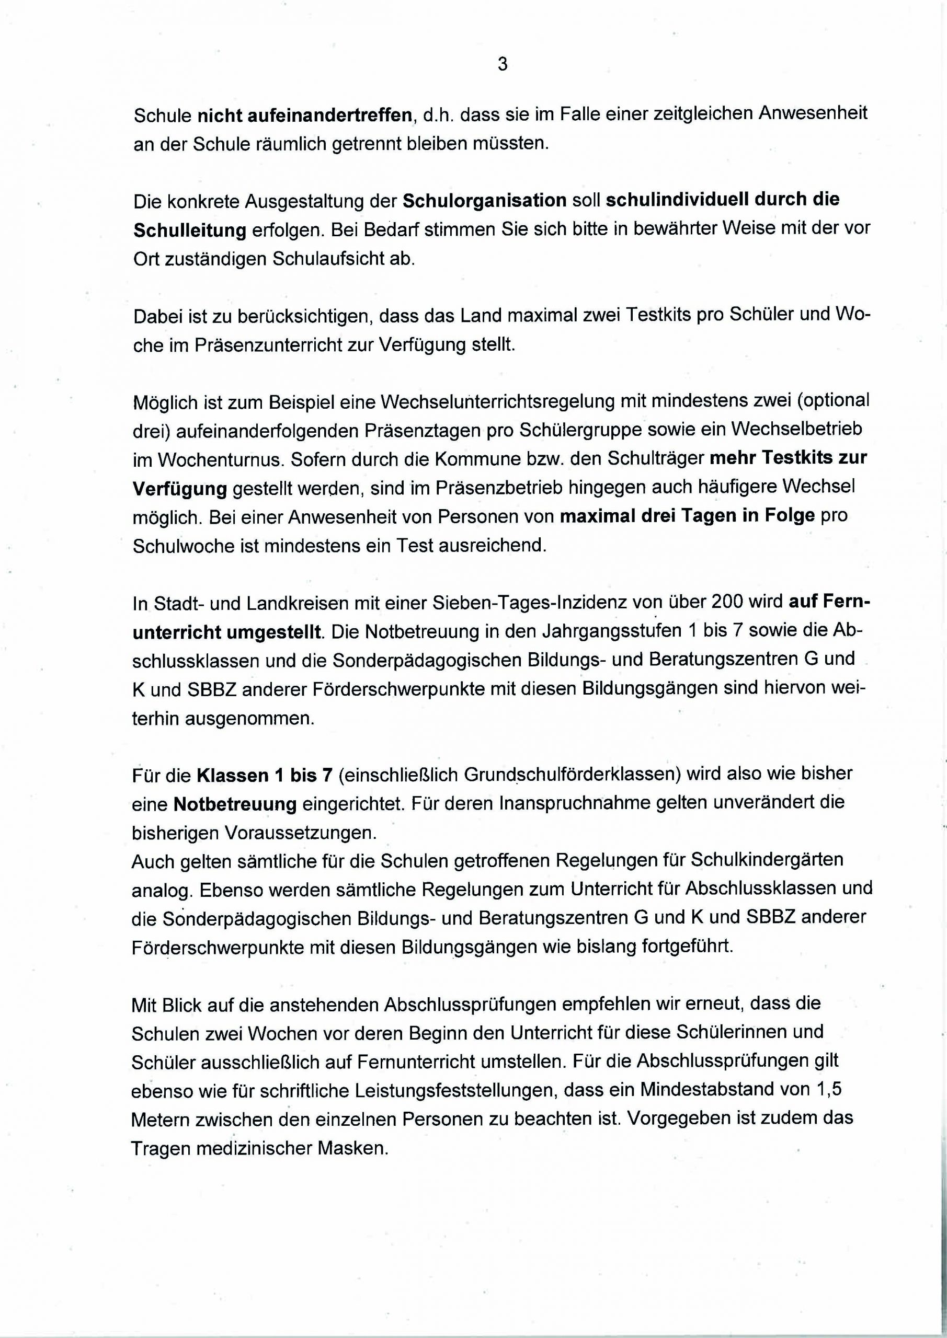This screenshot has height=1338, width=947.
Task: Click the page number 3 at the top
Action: [503, 64]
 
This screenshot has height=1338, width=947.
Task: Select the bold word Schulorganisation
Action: [485, 200]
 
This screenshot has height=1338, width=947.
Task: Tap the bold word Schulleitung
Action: [190, 230]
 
